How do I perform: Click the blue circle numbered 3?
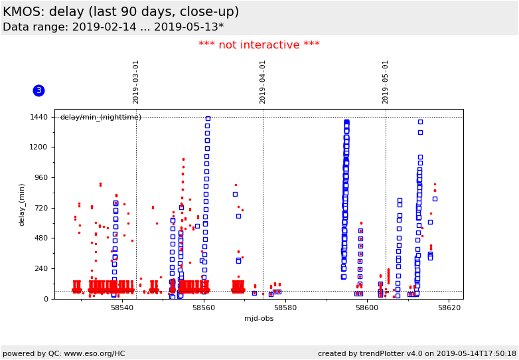click(x=38, y=90)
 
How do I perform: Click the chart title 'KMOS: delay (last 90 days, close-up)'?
click(x=121, y=12)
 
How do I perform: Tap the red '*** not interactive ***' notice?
click(x=259, y=45)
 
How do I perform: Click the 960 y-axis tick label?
click(x=41, y=178)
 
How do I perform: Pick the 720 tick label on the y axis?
click(x=41, y=209)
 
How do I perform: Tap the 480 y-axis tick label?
click(x=41, y=238)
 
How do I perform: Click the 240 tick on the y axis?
click(x=41, y=269)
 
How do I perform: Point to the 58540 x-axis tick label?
click(x=122, y=308)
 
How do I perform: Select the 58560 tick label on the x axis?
click(x=204, y=308)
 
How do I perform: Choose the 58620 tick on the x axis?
click(x=449, y=308)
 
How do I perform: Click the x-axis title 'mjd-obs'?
click(x=259, y=319)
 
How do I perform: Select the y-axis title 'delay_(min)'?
click(x=22, y=204)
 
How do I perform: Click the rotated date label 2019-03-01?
click(x=136, y=82)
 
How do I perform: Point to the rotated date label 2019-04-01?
click(x=263, y=82)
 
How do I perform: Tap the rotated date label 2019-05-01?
click(x=386, y=82)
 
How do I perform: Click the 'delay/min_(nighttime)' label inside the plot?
click(x=100, y=118)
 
